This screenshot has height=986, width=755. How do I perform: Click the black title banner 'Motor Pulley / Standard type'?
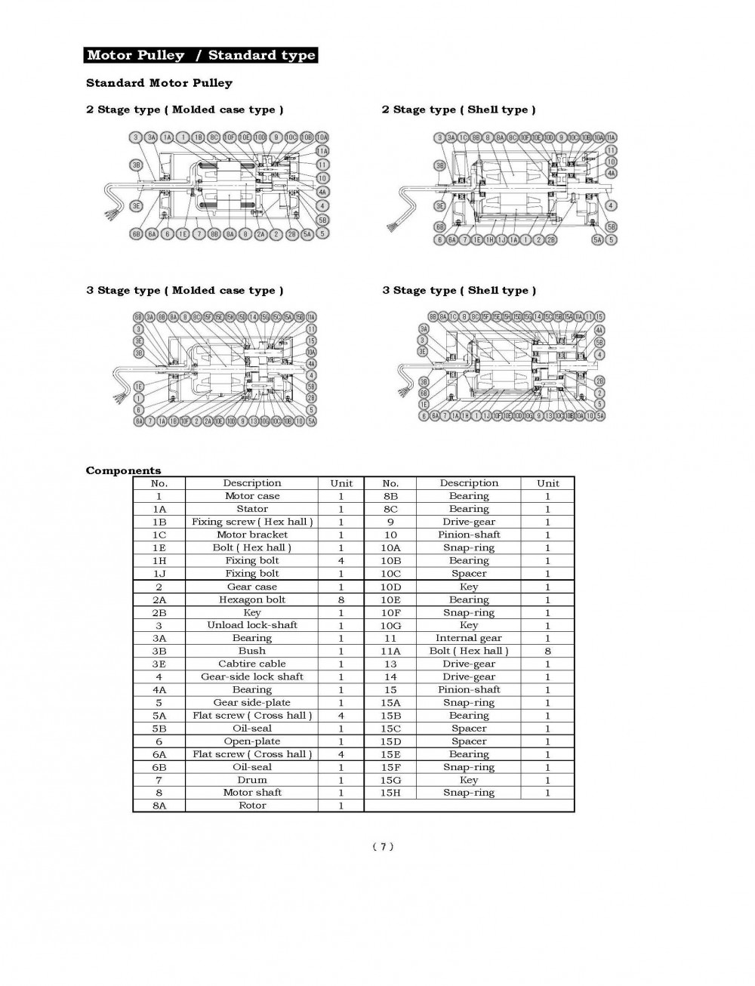point(200,55)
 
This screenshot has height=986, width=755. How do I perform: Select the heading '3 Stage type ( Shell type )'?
point(459,291)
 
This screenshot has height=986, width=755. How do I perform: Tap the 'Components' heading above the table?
point(123,470)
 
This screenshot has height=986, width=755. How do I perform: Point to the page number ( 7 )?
point(383,846)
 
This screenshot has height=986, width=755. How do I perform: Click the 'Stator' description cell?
point(252,509)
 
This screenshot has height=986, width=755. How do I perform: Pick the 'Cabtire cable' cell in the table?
point(252,664)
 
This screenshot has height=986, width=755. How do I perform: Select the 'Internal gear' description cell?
point(469,638)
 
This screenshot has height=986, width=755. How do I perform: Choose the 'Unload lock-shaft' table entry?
point(252,625)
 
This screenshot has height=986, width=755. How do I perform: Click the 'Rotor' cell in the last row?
point(252,806)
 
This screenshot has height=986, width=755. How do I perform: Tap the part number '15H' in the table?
point(390,793)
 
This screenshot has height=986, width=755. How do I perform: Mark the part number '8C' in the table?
point(390,509)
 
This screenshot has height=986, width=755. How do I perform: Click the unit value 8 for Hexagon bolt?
point(341,599)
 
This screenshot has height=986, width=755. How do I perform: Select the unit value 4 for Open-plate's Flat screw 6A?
point(341,754)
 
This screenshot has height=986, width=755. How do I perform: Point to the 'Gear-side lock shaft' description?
point(252,676)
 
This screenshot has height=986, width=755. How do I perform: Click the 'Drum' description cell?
point(252,780)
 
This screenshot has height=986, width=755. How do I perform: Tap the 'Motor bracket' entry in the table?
point(252,535)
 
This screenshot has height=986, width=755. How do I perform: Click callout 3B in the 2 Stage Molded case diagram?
point(136,165)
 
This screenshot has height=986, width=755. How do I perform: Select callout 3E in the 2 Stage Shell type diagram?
point(439,205)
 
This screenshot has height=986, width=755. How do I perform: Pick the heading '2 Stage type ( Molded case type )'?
point(185,109)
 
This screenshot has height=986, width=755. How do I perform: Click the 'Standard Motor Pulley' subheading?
point(159,83)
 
